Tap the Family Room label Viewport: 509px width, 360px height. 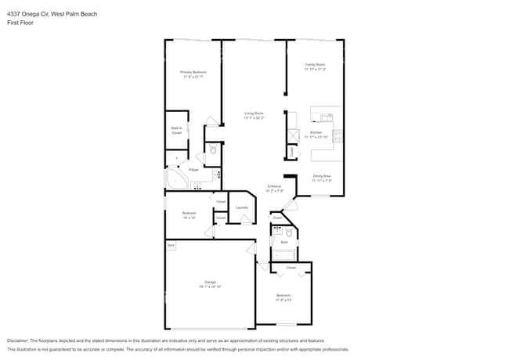[x=315, y=66]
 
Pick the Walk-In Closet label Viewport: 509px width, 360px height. [x=176, y=130]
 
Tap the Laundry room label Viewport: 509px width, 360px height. [x=242, y=207]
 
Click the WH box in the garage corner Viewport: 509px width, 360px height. [x=171, y=246]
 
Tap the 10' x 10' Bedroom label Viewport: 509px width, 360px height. [x=190, y=214]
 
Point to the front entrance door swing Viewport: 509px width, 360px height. [x=290, y=205]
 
